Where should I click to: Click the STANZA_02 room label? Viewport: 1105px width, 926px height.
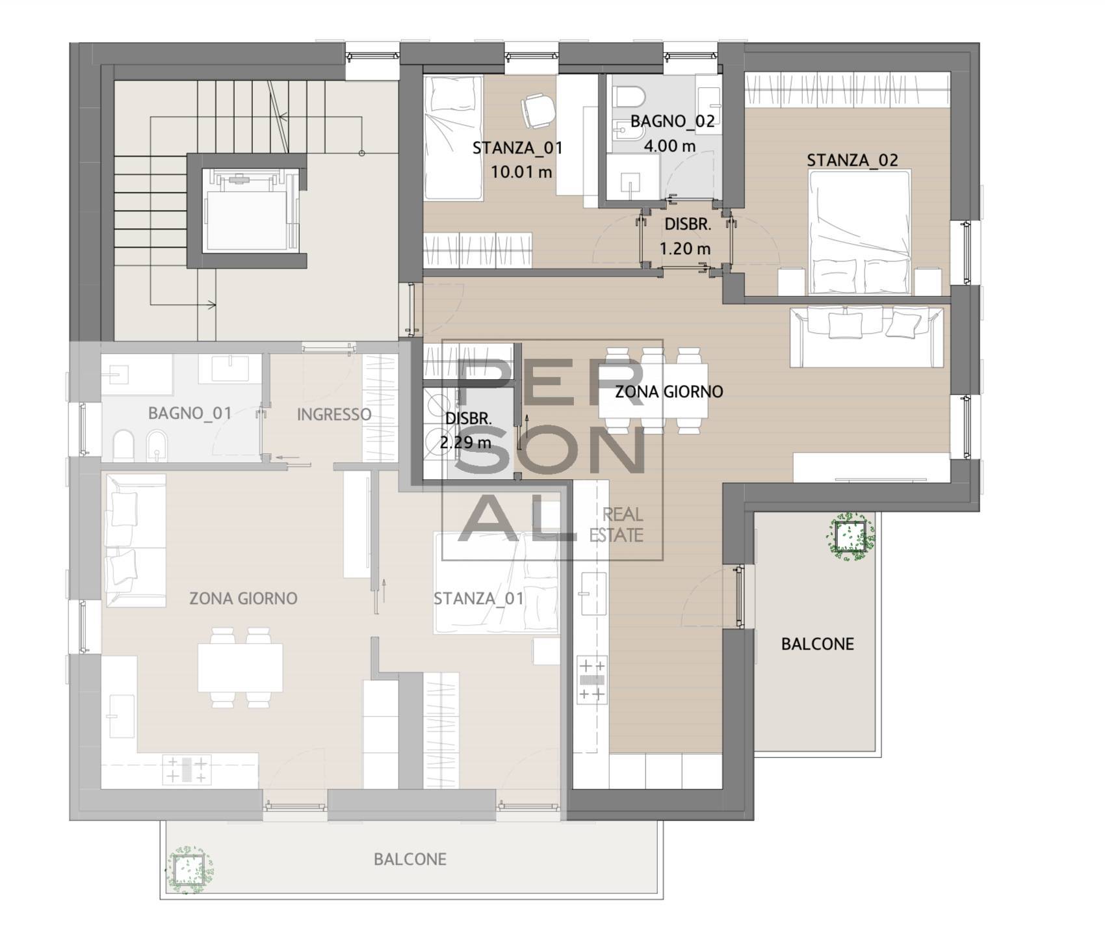pyautogui.click(x=852, y=160)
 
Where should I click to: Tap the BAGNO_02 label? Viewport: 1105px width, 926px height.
pyautogui.click(x=672, y=121)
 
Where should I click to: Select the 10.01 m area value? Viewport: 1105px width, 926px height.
pyautogui.click(x=521, y=172)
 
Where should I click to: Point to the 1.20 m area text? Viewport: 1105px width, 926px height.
pyautogui.click(x=685, y=248)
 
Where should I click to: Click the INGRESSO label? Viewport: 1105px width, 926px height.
pyautogui.click(x=334, y=414)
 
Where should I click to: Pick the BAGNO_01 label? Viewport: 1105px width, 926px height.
pyautogui.click(x=190, y=414)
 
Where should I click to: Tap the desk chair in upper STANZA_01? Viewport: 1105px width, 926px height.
pyautogui.click(x=538, y=110)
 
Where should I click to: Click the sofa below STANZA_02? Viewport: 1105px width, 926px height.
pyautogui.click(x=866, y=337)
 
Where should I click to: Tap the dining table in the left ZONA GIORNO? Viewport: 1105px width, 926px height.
pyautogui.click(x=240, y=667)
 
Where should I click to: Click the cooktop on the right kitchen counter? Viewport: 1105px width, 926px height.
pyautogui.click(x=591, y=680)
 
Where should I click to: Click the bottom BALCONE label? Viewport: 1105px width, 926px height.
pyautogui.click(x=410, y=860)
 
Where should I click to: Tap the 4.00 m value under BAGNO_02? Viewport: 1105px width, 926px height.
pyautogui.click(x=669, y=146)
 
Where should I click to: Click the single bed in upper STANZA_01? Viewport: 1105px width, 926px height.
pyautogui.click(x=453, y=138)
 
